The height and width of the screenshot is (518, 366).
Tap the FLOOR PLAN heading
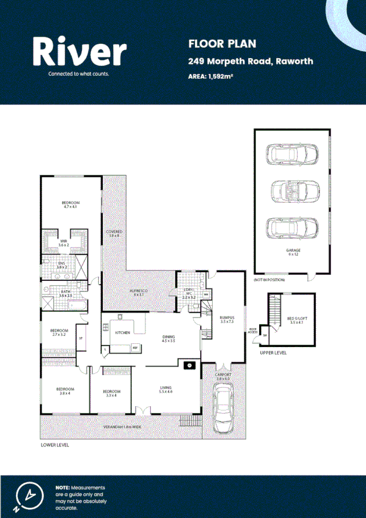213,43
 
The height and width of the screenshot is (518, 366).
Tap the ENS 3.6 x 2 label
61,266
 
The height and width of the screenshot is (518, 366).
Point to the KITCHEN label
123,332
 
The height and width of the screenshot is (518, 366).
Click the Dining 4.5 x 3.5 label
168,338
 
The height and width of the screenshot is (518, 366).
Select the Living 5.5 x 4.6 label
166,389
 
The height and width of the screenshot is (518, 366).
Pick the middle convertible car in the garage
292,191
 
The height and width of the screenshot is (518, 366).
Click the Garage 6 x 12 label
293,252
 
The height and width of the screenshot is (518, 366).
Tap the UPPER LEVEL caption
273,352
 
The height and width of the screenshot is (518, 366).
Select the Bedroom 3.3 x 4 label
111,393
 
